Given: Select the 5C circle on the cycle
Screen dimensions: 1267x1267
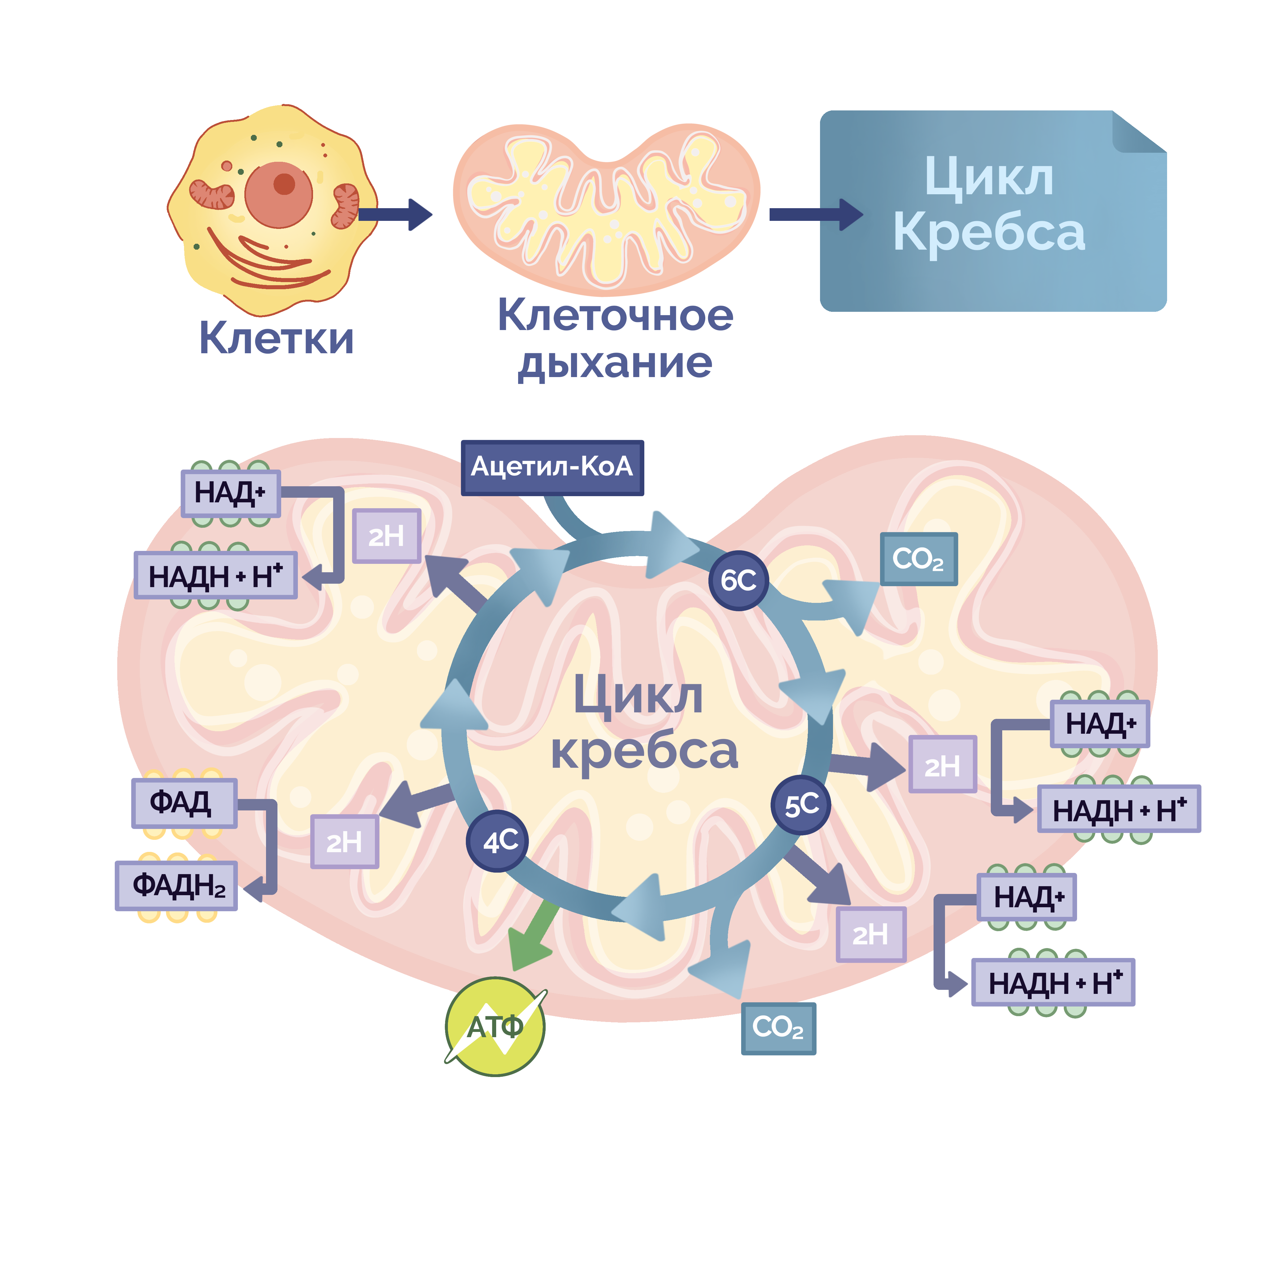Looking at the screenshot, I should tap(801, 805).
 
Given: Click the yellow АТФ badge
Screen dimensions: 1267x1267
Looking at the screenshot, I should tap(495, 1026).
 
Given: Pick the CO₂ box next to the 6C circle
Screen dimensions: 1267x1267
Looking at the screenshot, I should tap(918, 559).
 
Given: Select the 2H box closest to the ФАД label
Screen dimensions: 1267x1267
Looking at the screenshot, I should tap(344, 842).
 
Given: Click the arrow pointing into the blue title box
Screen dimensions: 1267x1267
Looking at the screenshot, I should tap(817, 214).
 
